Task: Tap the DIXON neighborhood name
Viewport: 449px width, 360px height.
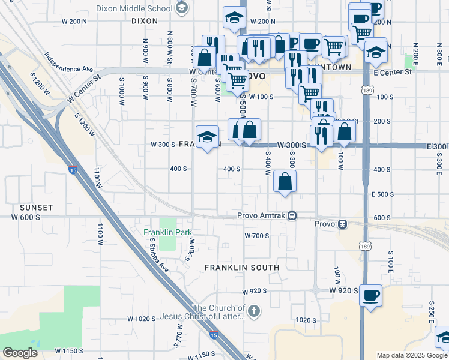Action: pyautogui.click(x=144, y=20)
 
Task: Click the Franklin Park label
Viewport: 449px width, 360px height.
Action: pyautogui.click(x=167, y=232)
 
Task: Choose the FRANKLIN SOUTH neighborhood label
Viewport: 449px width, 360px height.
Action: pyautogui.click(x=242, y=267)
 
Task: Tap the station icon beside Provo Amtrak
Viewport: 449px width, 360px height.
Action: pyautogui.click(x=292, y=215)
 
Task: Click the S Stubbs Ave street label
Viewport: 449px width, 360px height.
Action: pyautogui.click(x=160, y=254)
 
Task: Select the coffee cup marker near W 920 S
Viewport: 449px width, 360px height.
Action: pyautogui.click(x=370, y=295)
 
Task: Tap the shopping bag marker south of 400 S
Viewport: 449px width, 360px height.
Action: pyautogui.click(x=285, y=181)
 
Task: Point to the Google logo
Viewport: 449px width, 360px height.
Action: pyautogui.click(x=20, y=352)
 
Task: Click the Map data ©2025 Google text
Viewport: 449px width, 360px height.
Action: pyautogui.click(x=412, y=355)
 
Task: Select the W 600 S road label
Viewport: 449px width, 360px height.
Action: pyautogui.click(x=26, y=217)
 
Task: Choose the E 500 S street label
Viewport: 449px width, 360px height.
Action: pyautogui.click(x=382, y=194)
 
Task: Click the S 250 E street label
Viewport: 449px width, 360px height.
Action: pyautogui.click(x=432, y=310)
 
